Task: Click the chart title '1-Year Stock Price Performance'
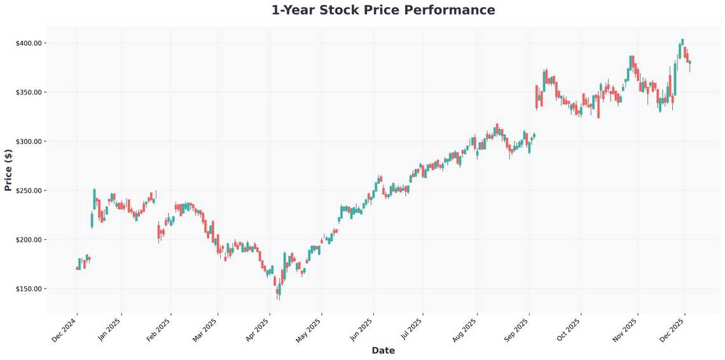(383, 10)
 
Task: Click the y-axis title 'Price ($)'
(8, 170)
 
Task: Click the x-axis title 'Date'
(383, 350)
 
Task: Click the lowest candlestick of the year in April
(278, 291)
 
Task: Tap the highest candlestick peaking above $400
(682, 42)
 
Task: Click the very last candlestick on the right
(689, 62)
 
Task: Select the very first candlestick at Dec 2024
(77, 268)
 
